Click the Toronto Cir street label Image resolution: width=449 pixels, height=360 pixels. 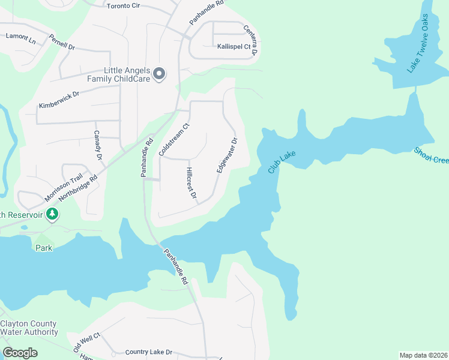tap(126, 6)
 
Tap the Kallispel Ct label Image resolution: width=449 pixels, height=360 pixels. tap(234, 46)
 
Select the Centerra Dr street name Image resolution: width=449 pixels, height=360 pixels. tap(250, 40)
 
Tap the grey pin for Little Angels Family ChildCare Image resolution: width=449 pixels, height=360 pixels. tap(159, 74)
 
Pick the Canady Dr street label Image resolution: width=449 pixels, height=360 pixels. tap(97, 145)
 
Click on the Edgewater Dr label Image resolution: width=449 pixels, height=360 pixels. tap(228, 155)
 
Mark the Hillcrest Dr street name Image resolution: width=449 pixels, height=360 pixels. tap(191, 183)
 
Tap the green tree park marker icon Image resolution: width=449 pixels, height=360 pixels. tap(52, 214)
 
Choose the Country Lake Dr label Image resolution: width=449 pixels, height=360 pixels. tap(148, 352)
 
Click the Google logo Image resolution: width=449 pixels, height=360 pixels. tap(20, 353)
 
